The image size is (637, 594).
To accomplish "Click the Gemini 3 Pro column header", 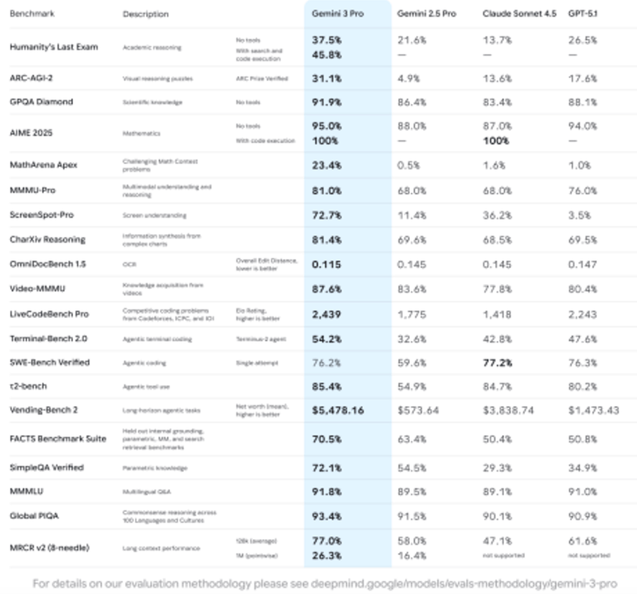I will coord(337,14).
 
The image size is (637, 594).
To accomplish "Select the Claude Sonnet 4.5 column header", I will coord(519,14).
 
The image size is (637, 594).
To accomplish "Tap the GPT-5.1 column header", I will coord(583,14).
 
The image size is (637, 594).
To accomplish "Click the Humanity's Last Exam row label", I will coord(54,47).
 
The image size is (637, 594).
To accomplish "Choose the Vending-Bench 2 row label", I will coord(44,410).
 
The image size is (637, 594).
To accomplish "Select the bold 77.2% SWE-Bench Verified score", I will coord(498,362).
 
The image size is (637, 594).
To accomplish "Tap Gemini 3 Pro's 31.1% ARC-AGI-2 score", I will coord(327,78).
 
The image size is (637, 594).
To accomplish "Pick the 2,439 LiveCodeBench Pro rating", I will coord(327,314).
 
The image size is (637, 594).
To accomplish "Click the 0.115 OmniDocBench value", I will coord(327,265).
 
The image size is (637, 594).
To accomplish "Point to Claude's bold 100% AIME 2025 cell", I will coord(495,141).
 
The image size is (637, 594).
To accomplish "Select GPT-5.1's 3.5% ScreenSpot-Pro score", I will coord(580,215).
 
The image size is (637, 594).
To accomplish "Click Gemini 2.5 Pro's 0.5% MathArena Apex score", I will coord(408,166).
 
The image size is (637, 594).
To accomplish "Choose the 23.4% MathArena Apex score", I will coord(327,166).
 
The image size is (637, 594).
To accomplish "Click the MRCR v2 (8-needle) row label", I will coord(50,548).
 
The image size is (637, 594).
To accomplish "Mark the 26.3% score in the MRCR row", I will coord(327,555).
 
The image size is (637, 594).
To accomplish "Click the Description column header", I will coord(145,14).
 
